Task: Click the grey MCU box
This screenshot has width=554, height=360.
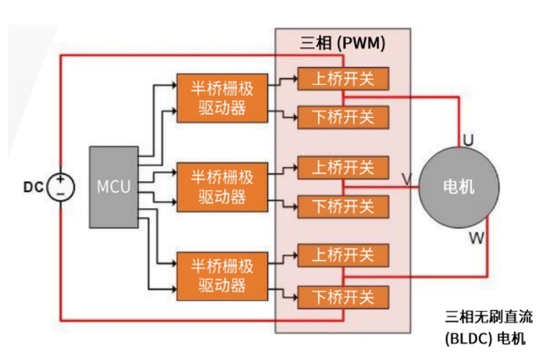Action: [114, 187]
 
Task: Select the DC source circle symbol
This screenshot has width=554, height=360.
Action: [60, 188]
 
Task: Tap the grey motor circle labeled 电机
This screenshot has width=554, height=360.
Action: [457, 188]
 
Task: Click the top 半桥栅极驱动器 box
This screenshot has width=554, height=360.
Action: [222, 97]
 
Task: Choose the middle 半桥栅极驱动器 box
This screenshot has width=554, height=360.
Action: [222, 186]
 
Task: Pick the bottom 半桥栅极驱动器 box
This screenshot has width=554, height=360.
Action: [222, 276]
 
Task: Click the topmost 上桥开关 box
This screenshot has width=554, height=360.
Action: [343, 79]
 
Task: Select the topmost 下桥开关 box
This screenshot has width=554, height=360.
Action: [343, 117]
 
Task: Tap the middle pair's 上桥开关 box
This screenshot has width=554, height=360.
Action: [343, 169]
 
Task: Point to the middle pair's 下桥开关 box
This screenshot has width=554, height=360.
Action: [343, 206]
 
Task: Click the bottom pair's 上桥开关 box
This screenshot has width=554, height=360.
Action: [343, 255]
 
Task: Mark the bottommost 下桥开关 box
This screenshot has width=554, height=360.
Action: [343, 296]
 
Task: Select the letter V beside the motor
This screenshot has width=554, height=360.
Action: [407, 179]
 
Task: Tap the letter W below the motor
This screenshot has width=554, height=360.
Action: [476, 238]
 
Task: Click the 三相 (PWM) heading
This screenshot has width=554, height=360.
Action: [342, 43]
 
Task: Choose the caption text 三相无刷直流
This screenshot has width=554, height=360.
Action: [489, 316]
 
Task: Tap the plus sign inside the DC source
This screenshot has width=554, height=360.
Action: [61, 180]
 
